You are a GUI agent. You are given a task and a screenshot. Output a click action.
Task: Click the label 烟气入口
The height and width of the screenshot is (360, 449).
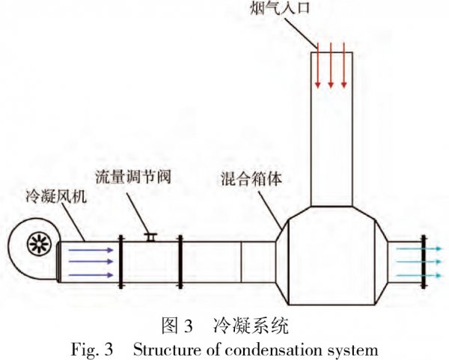tap(280, 7)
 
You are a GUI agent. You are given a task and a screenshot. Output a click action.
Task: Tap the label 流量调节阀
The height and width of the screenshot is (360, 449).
tap(133, 177)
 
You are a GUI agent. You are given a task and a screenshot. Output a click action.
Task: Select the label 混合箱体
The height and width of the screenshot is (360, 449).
tap(251, 178)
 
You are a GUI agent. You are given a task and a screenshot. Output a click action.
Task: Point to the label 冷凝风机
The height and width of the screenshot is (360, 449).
tap(56, 196)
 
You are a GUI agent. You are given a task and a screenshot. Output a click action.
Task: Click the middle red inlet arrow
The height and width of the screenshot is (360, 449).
tap(331, 65)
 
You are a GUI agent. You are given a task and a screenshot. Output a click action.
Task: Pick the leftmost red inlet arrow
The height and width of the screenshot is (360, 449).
tap(317, 65)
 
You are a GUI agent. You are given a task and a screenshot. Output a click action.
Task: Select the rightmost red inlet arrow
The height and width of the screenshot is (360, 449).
tap(344, 65)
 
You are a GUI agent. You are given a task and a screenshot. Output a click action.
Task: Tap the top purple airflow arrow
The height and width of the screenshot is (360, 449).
tap(91, 250)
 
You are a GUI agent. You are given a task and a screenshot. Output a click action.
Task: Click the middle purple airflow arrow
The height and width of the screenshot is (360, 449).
tap(91, 261)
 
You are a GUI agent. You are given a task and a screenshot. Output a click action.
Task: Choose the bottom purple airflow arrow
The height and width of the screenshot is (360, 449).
tap(91, 275)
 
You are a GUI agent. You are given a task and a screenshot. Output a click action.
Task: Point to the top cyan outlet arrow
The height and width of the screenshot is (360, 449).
tap(420, 248)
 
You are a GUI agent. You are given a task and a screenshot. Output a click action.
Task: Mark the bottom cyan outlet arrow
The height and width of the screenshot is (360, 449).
tap(420, 275)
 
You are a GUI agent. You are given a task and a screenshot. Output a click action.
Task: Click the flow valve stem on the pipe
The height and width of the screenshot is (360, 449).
tap(150, 237)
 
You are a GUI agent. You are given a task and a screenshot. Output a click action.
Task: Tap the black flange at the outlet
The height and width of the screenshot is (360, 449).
tap(424, 261)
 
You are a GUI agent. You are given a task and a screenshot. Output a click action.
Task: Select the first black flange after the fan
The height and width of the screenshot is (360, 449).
tap(120, 261)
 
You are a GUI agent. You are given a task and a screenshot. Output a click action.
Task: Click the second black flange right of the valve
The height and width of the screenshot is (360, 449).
tap(180, 261)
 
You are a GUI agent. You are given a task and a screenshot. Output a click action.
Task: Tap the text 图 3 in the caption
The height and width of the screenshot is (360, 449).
tap(177, 326)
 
